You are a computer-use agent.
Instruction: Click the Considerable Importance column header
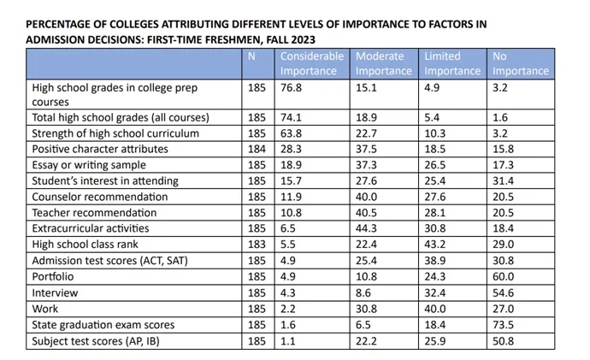311,63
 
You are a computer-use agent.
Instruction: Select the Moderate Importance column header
385,63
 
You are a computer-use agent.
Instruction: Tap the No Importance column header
521,63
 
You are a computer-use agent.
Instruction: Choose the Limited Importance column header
452,63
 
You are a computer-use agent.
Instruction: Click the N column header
251,56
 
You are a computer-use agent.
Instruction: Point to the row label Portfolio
52,276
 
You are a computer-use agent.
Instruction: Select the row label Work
44,308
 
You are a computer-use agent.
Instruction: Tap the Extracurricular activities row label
90,228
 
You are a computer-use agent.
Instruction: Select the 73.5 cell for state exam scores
504,324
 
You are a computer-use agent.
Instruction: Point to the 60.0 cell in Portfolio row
504,276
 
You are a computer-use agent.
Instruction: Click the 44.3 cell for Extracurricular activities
368,228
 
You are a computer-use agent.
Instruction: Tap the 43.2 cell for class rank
437,245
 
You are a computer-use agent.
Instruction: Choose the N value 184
257,149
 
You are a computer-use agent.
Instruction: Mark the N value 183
257,245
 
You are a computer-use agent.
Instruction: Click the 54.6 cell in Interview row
504,292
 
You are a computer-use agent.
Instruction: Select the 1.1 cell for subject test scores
288,340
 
